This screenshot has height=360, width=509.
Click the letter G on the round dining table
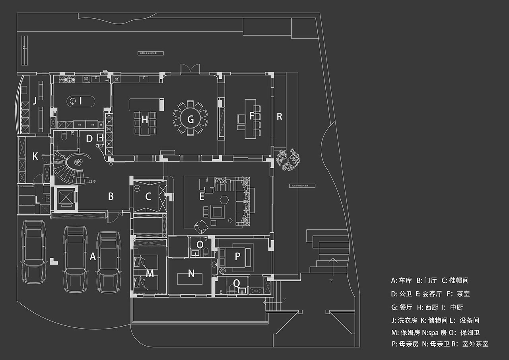tap(190, 119)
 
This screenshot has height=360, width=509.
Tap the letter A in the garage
tap(93, 257)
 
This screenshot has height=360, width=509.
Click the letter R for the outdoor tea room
tap(280, 117)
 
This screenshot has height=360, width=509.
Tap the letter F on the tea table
tap(251, 116)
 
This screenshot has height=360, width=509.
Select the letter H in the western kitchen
tap(145, 119)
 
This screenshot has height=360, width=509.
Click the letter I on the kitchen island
tap(81, 101)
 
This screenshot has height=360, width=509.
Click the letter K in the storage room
tap(35, 157)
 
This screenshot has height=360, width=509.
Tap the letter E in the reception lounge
tap(202, 196)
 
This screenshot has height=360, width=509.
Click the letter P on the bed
tap(237, 257)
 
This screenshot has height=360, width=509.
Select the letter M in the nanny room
tap(150, 273)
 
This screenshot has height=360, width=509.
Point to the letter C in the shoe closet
tap(148, 196)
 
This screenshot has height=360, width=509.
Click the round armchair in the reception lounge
tap(200, 226)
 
